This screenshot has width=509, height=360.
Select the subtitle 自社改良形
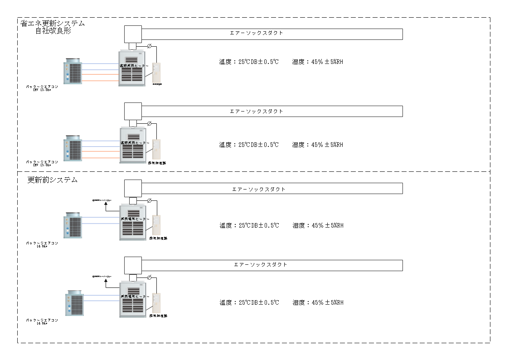point(53,31)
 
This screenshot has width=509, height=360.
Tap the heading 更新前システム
point(53,180)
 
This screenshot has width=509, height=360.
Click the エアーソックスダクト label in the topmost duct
point(257,33)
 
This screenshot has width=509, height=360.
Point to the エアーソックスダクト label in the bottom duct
point(261,264)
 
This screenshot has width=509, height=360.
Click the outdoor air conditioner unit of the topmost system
point(73,72)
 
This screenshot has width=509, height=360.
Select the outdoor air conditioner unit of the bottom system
point(74,303)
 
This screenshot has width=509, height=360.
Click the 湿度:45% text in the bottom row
point(318,302)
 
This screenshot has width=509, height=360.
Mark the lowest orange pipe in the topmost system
point(100,81)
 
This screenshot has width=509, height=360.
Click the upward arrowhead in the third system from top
point(106,204)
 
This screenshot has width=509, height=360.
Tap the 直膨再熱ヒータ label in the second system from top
point(133,142)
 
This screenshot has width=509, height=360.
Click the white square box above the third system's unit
point(133,188)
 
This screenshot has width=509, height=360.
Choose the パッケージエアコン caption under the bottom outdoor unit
point(42,320)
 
